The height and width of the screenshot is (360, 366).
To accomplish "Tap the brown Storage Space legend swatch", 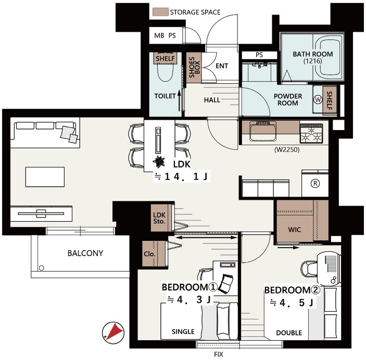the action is [x=160, y=12].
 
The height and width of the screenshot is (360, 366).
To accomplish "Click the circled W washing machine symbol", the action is [x=318, y=100].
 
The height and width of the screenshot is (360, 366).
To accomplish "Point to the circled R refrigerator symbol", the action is [x=315, y=184].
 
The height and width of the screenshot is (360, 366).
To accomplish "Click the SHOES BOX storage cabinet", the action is [x=194, y=68].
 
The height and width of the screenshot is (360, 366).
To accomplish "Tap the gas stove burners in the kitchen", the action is [x=311, y=134].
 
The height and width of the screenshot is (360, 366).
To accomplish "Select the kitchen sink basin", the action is [x=263, y=132].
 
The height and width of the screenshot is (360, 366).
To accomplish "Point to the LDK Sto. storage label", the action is [x=159, y=218].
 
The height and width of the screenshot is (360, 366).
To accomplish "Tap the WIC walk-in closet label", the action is [x=294, y=229].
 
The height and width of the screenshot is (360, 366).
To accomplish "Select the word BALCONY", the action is [x=85, y=253].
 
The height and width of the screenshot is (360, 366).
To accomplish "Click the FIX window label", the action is [x=219, y=354].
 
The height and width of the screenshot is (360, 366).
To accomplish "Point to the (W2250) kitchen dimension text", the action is [x=287, y=149].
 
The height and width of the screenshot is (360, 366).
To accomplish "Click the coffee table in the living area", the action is [x=45, y=177].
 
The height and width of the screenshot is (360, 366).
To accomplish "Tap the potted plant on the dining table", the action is [x=159, y=162].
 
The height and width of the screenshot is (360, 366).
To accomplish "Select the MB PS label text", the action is [x=165, y=35].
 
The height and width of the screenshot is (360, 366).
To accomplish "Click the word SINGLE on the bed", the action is [x=183, y=331].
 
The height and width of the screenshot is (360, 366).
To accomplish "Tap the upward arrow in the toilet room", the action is [x=179, y=100].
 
